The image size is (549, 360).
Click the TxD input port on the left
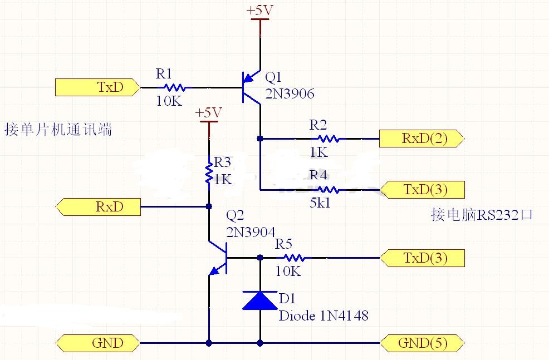pos(97,87)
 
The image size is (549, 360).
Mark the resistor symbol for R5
pos(292,258)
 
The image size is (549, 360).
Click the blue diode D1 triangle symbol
pos(260,300)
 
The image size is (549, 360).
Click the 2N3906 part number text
pos(290,94)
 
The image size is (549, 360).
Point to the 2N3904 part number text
pos(251,232)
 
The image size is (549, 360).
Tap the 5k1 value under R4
pos(320,203)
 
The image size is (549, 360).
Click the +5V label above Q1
pos(260,11)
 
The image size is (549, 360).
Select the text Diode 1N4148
pos(323,316)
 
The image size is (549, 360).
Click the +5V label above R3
pos(209,113)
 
